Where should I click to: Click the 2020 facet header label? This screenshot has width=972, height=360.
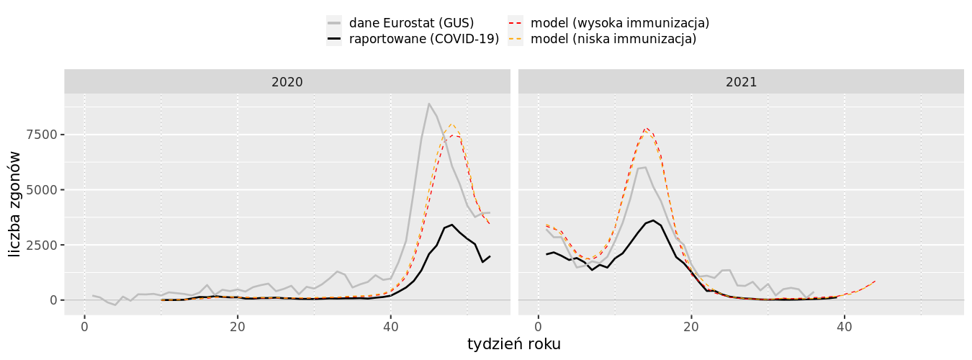pyautogui.click(x=287, y=82)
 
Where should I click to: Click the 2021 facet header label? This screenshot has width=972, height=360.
pyautogui.click(x=741, y=82)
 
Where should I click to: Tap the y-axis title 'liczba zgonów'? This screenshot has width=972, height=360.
pyautogui.click(x=15, y=204)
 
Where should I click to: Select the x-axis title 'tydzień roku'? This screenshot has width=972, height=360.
pyautogui.click(x=513, y=344)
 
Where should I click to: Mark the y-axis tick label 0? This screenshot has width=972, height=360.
pyautogui.click(x=53, y=300)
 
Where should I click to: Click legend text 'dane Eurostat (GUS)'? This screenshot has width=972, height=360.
pyautogui.click(x=411, y=23)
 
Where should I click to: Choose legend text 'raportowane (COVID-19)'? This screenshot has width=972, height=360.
pyautogui.click(x=424, y=39)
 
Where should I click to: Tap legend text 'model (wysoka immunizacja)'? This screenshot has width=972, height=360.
pyautogui.click(x=620, y=23)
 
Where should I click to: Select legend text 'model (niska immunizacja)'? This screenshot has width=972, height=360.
pyautogui.click(x=613, y=39)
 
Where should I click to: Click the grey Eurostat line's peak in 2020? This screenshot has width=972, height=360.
pyautogui.click(x=429, y=104)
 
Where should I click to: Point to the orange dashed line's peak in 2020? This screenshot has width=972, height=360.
pyautogui.click(x=451, y=124)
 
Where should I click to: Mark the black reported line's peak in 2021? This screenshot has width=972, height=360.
pyautogui.click(x=653, y=220)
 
